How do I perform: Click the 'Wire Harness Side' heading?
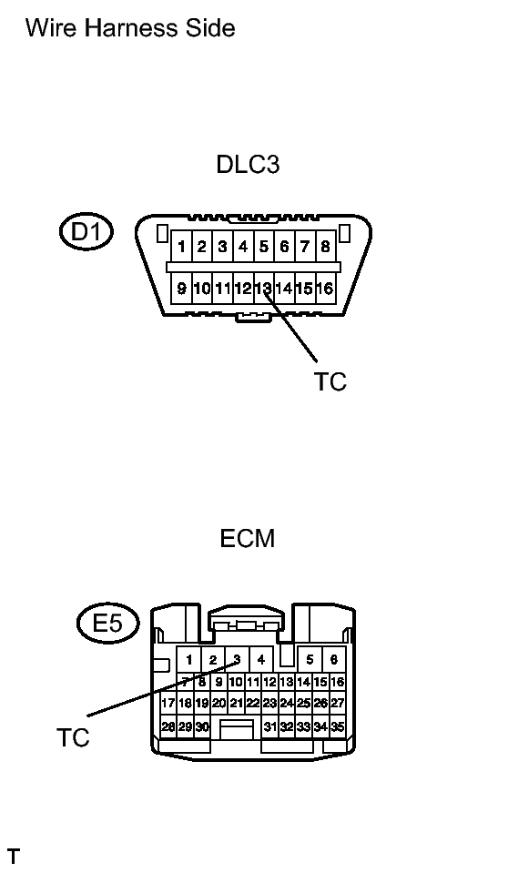130,28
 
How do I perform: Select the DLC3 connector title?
248,164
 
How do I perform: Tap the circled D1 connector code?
86,231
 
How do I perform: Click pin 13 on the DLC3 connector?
263,289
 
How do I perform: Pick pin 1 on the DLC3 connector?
181,246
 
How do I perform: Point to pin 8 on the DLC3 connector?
325,246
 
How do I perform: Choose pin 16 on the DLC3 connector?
325,289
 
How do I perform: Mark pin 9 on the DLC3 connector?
181,289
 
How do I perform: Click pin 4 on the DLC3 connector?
243,246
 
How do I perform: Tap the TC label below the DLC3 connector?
330,382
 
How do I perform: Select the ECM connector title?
248,538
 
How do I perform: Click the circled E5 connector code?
107,623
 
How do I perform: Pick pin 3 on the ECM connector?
237,660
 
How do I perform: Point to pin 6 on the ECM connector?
333,660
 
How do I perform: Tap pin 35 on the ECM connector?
338,726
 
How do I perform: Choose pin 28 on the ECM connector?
168,726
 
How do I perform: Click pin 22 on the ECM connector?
253,703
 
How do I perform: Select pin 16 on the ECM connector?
338,682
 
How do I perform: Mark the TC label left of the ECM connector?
73,737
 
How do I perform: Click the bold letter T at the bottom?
14,857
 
